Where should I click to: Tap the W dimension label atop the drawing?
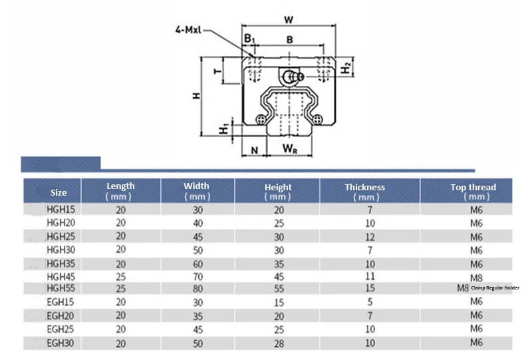(288, 20)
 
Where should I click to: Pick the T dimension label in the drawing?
(216, 71)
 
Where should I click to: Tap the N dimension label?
(255, 150)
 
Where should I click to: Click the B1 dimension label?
(249, 40)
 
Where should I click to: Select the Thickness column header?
(365, 192)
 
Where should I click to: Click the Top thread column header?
(473, 192)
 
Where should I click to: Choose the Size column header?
(59, 192)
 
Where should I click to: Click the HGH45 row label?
(59, 276)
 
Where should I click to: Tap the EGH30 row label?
(59, 343)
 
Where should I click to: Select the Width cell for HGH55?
(197, 289)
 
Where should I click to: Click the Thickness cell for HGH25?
(370, 236)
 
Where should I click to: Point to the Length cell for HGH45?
(120, 276)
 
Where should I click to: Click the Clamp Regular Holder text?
(495, 288)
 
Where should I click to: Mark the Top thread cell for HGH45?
(476, 277)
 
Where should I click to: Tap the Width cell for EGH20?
(197, 316)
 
